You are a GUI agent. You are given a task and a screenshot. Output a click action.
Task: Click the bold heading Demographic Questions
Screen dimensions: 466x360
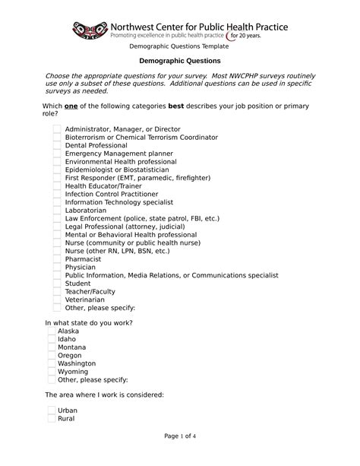179,60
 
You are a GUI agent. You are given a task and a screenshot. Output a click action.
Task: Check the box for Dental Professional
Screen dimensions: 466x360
57,145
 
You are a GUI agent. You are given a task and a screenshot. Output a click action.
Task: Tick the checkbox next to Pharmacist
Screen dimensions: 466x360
57,259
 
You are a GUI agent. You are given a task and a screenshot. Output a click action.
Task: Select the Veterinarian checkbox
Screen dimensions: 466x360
57,300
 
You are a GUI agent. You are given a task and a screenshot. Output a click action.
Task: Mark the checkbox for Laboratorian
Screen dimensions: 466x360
57,211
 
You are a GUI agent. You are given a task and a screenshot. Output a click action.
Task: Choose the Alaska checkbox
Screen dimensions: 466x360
52,331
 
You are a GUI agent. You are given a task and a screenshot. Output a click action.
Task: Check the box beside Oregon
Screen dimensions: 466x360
52,356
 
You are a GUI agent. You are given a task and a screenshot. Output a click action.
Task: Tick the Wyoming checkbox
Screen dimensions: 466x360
52,372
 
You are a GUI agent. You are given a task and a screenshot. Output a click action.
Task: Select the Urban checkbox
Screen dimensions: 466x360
52,411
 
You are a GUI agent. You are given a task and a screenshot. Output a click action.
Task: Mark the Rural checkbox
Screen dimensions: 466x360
52,419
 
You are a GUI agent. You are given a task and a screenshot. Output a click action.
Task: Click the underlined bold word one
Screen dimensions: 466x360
71,105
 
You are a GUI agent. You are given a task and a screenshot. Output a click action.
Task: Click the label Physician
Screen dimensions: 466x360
81,268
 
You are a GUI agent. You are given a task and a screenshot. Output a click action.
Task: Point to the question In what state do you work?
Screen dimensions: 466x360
89,323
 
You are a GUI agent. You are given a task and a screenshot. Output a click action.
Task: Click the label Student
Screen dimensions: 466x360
78,284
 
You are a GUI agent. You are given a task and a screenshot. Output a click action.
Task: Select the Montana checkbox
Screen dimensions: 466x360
52,347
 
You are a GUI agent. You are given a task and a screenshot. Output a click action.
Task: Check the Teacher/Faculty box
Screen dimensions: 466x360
57,292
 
